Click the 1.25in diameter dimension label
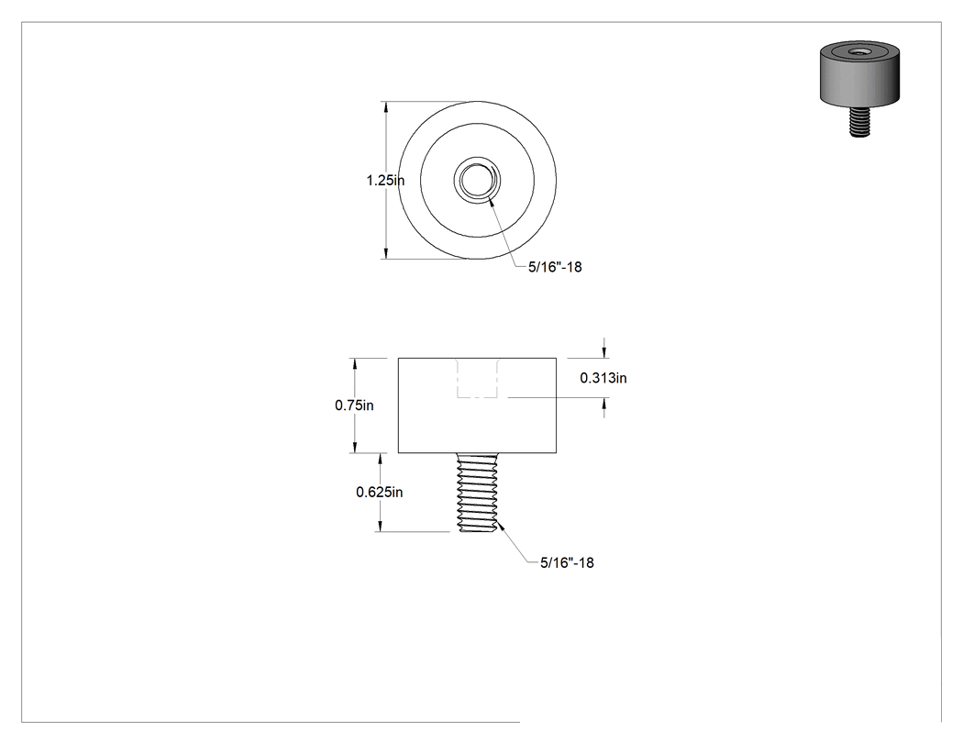coord(385,181)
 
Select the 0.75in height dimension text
coord(354,405)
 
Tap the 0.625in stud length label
coord(380,492)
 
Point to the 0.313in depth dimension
coord(603,378)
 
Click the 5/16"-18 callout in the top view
coord(555,267)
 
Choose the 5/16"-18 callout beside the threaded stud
coord(567,562)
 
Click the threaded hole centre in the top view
coord(477,180)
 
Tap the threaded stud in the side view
coord(477,492)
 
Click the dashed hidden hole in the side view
coord(477,378)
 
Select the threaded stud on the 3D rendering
coord(860,121)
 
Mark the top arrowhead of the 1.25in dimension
coord(386,107)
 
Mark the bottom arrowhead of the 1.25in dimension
coord(386,253)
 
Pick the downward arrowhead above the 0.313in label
coord(604,352)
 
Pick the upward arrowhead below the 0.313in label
coord(604,404)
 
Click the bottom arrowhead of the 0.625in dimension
coord(380,526)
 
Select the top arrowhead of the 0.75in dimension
coord(354,364)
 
